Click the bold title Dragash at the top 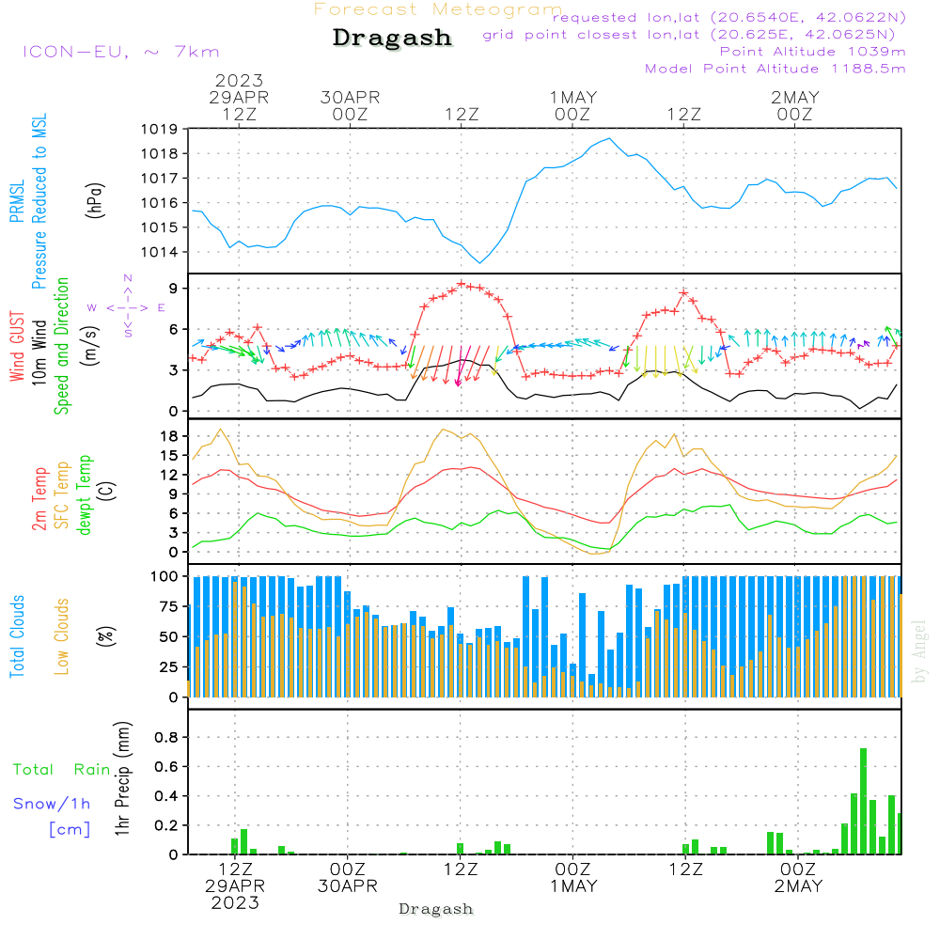click(392, 39)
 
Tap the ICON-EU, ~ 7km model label click(120, 52)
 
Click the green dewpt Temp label click(86, 495)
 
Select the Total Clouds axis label click(18, 636)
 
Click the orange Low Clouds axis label click(62, 636)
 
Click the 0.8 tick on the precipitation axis click(167, 737)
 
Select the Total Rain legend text click(62, 770)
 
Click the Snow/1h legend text click(53, 804)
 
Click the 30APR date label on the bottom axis click(348, 886)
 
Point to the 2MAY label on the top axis click(794, 98)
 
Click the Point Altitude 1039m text click(812, 51)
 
